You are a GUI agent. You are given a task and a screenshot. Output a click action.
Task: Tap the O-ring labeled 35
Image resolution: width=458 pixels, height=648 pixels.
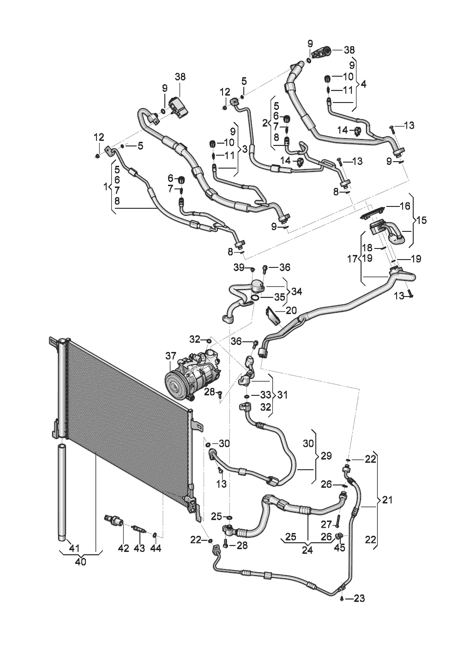[255, 298]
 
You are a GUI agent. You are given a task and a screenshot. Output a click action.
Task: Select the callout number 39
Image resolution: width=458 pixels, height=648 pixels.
[239, 267]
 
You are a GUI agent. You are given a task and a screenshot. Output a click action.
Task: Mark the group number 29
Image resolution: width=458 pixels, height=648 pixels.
[326, 456]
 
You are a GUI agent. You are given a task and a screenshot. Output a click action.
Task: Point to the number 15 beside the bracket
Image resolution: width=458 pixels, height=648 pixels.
[421, 220]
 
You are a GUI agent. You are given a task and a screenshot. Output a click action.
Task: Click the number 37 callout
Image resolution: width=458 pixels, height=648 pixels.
[170, 356]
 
